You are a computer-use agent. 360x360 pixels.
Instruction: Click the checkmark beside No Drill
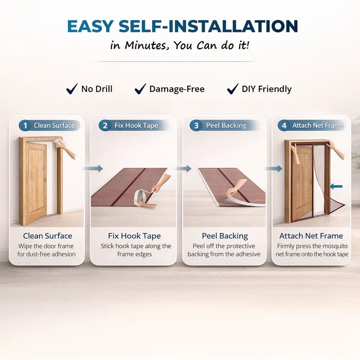click(71, 89)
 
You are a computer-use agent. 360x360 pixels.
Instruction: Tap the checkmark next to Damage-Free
click(140, 89)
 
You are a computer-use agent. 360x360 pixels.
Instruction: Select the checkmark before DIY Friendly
click(232, 89)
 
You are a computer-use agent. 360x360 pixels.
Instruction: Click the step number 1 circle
click(25, 125)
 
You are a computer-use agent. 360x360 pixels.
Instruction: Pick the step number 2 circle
click(105, 125)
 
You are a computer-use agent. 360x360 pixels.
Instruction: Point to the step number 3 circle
click(196, 125)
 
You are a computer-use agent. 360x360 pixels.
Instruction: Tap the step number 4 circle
click(284, 125)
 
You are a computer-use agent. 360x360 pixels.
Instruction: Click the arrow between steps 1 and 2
click(93, 169)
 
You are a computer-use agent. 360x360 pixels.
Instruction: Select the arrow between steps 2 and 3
click(184, 169)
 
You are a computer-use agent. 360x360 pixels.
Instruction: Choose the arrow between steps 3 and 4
click(274, 169)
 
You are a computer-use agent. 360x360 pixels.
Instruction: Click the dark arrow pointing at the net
click(336, 186)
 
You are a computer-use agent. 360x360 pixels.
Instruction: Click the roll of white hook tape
click(141, 195)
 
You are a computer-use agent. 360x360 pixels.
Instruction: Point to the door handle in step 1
click(45, 179)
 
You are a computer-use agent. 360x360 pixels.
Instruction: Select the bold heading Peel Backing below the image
click(225, 236)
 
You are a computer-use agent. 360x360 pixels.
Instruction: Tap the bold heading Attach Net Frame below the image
click(311, 236)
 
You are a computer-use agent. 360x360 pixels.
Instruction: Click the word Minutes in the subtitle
click(146, 45)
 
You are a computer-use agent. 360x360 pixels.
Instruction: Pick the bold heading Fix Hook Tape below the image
click(134, 236)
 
